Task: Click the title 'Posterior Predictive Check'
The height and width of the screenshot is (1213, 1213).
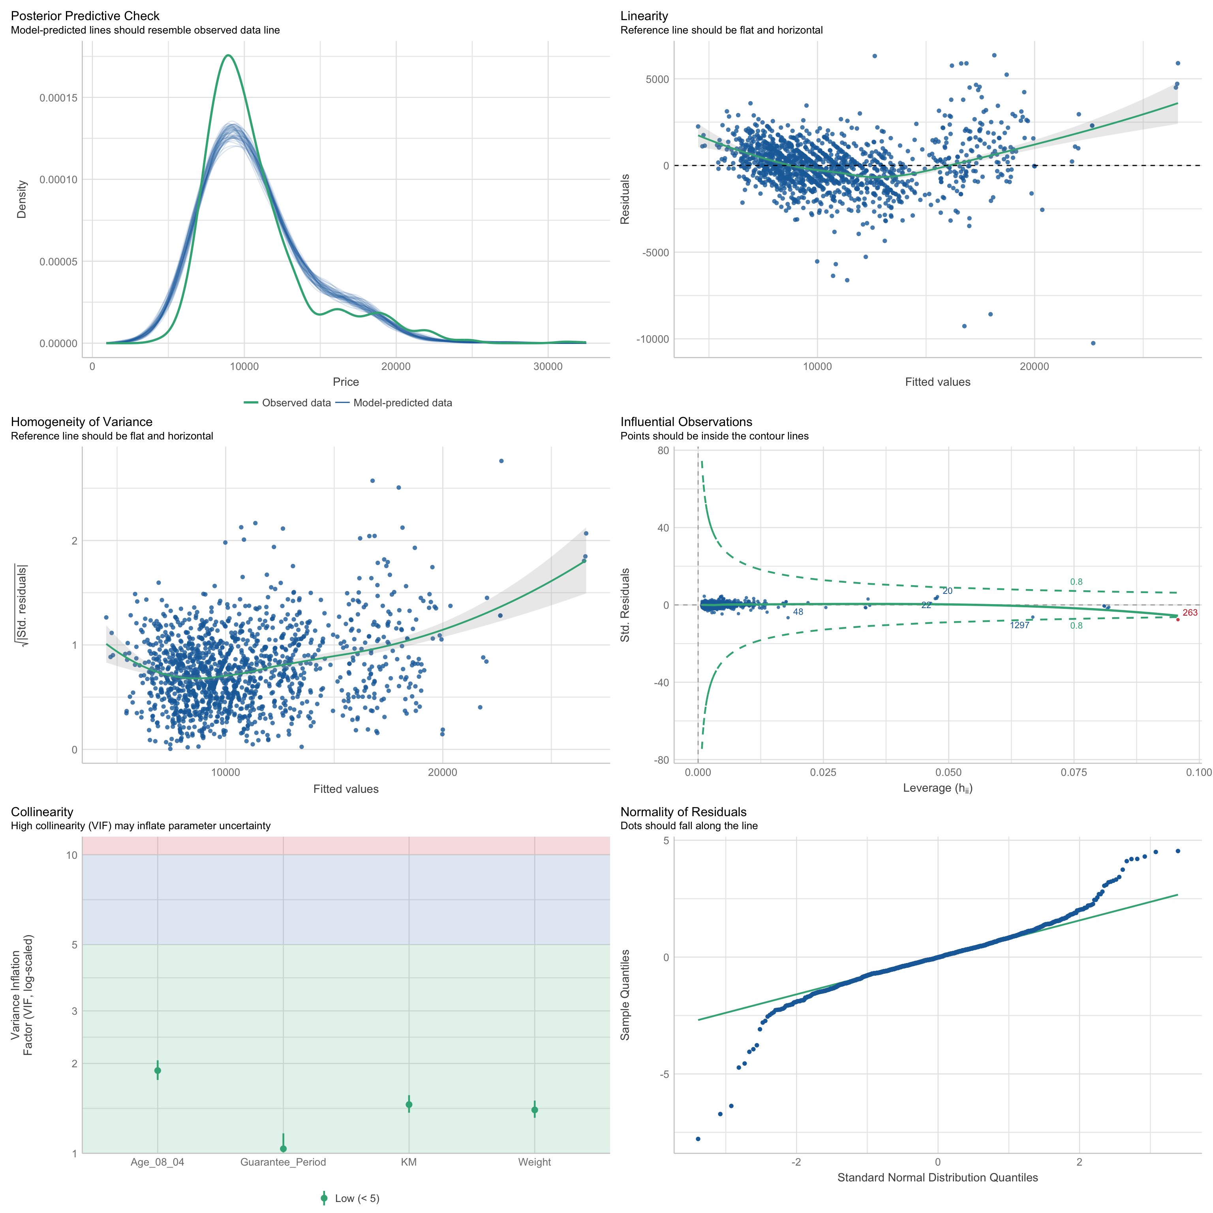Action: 85,16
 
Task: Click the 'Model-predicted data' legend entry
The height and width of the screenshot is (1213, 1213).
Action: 402,402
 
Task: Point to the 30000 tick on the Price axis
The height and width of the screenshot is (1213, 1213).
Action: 548,367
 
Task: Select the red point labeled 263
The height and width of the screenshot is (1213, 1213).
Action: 1177,620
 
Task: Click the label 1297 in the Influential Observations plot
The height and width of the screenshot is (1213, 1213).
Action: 1020,625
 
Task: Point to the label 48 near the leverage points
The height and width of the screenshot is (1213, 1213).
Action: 797,612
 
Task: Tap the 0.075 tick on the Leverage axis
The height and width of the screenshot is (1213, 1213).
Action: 1074,772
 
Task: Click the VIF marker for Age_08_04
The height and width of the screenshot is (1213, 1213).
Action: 158,1070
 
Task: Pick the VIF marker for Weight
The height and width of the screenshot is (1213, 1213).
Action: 534,1110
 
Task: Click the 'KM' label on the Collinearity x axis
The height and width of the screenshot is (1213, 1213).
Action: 409,1162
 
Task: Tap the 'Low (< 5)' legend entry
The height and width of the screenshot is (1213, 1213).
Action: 356,1198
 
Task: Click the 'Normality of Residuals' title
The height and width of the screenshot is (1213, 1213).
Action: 683,812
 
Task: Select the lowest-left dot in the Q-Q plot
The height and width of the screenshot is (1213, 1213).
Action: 698,1139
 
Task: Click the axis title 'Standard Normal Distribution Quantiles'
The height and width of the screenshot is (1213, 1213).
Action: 937,1178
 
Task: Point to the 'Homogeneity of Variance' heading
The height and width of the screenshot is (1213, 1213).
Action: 82,422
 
